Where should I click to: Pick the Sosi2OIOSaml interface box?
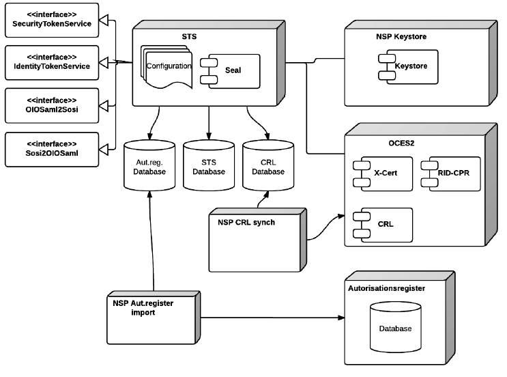52,148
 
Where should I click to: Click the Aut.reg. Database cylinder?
149,167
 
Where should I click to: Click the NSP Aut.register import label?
143,307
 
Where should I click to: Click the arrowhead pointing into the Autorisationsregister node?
341,318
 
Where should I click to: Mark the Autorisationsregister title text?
386,289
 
